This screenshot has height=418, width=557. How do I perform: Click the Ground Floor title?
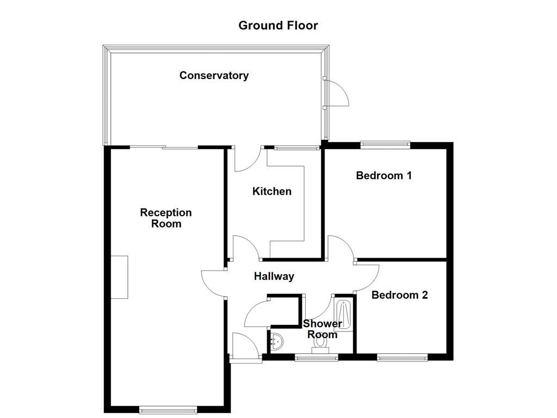click(x=278, y=26)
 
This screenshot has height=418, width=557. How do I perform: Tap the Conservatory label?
click(x=214, y=76)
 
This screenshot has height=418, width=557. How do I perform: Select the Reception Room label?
click(x=166, y=218)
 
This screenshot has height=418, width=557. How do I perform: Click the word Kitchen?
click(x=271, y=191)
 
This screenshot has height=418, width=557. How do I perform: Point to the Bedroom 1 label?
click(x=383, y=175)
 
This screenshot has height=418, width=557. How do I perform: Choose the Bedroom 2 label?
click(x=399, y=295)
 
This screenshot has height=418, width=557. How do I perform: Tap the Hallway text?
click(x=274, y=276)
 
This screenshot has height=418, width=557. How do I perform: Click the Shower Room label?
click(x=323, y=329)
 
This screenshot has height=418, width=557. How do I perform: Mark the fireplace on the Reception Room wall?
click(x=119, y=277)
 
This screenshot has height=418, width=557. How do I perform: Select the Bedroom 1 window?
click(x=385, y=144)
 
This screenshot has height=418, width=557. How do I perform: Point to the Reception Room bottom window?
click(x=168, y=410)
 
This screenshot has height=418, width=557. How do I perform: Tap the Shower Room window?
click(x=316, y=358)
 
